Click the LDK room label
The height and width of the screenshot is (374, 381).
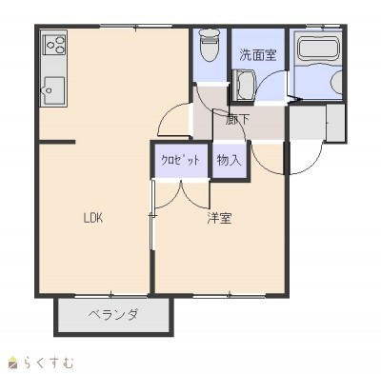click(x=92, y=218)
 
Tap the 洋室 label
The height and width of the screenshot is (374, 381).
click(x=219, y=218)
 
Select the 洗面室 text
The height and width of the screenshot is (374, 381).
click(x=258, y=55)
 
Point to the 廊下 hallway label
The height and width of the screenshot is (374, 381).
click(x=237, y=120)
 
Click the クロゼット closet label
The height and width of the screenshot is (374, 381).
click(x=180, y=160)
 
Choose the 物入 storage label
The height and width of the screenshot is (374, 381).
click(x=230, y=160)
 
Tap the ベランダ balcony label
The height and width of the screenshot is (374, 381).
click(x=113, y=316)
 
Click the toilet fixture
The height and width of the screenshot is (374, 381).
click(x=210, y=45)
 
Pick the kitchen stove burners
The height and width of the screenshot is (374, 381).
click(x=55, y=45)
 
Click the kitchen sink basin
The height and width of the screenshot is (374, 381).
click(x=54, y=90)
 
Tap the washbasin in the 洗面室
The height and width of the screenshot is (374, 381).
click(x=244, y=85)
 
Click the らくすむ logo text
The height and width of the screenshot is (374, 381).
click(x=49, y=363)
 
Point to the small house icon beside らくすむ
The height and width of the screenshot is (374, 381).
click(x=13, y=363)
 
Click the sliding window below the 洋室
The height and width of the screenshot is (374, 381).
click(x=230, y=296)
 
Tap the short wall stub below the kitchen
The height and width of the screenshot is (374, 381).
click(x=57, y=142)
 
